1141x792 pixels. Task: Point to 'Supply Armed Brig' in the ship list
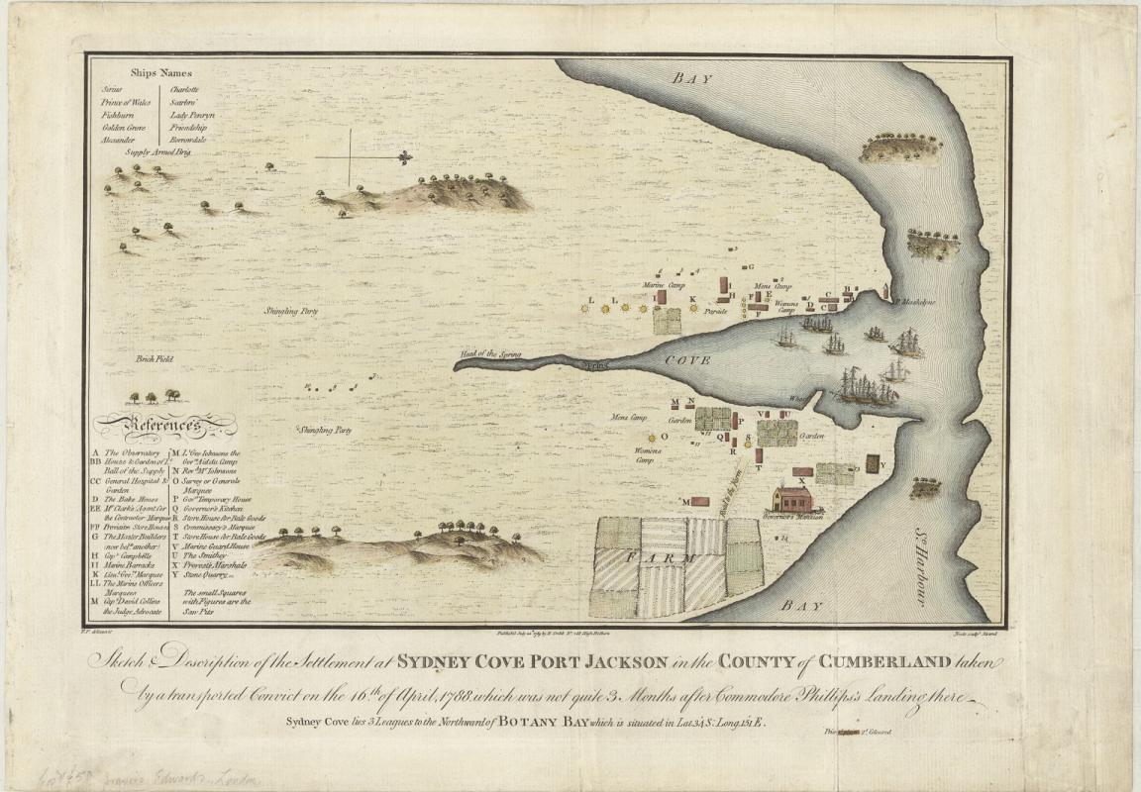156,152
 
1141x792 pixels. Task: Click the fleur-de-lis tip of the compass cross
404,157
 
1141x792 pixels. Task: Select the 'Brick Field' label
155,359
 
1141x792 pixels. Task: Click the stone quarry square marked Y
872,463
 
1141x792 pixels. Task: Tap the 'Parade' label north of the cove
715,311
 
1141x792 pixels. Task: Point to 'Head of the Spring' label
486,353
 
